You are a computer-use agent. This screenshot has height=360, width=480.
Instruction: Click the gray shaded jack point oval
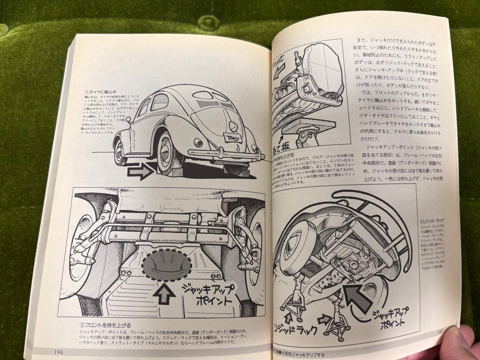pyautogui.click(x=166, y=265)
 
